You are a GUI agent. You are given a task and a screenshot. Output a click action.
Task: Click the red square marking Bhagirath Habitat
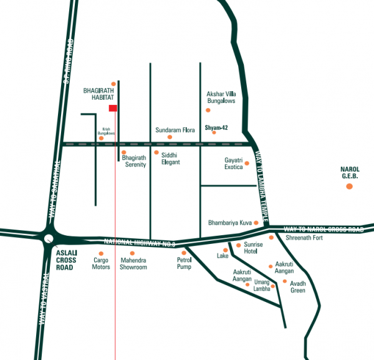click(x=113, y=109)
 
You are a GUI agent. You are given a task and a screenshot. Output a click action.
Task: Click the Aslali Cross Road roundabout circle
click(x=49, y=238)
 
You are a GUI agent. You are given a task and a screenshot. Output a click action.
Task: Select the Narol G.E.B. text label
click(x=349, y=172)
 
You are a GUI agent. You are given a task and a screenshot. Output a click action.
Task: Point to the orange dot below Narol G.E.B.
click(x=349, y=187)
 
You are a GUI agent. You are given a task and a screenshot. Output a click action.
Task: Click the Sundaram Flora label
click(x=175, y=130)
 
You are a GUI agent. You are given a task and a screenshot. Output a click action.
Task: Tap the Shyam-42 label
click(x=216, y=127)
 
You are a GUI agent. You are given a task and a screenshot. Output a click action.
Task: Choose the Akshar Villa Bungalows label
click(x=221, y=97)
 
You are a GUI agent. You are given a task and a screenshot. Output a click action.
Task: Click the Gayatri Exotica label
click(x=237, y=164)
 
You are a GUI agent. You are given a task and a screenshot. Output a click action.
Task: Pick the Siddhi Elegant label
click(x=170, y=158)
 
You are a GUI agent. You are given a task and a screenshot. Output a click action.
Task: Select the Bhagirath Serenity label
click(x=134, y=162)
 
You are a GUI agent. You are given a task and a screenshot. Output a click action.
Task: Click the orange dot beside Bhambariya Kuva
click(x=256, y=222)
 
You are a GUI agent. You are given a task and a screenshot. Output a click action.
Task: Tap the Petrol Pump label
click(x=184, y=263)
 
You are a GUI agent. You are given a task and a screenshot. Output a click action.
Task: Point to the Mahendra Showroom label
click(x=133, y=263)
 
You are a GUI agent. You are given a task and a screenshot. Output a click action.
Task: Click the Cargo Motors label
click(x=101, y=263)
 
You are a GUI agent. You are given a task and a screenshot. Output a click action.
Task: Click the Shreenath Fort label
click(x=304, y=237)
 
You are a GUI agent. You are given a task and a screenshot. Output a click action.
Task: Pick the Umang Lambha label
click(x=262, y=285)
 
